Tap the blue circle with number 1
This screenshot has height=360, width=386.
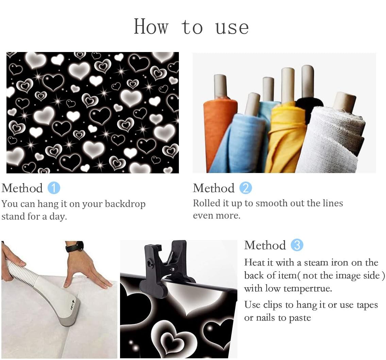click(x=54, y=188)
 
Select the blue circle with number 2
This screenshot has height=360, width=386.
click(x=246, y=188)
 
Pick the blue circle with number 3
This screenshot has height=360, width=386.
click(x=297, y=245)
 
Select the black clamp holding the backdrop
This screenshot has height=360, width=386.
click(x=165, y=267)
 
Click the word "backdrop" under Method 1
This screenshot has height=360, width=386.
click(x=125, y=204)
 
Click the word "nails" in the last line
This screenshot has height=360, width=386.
click(x=266, y=318)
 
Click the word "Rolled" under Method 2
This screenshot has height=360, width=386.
click(x=206, y=203)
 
